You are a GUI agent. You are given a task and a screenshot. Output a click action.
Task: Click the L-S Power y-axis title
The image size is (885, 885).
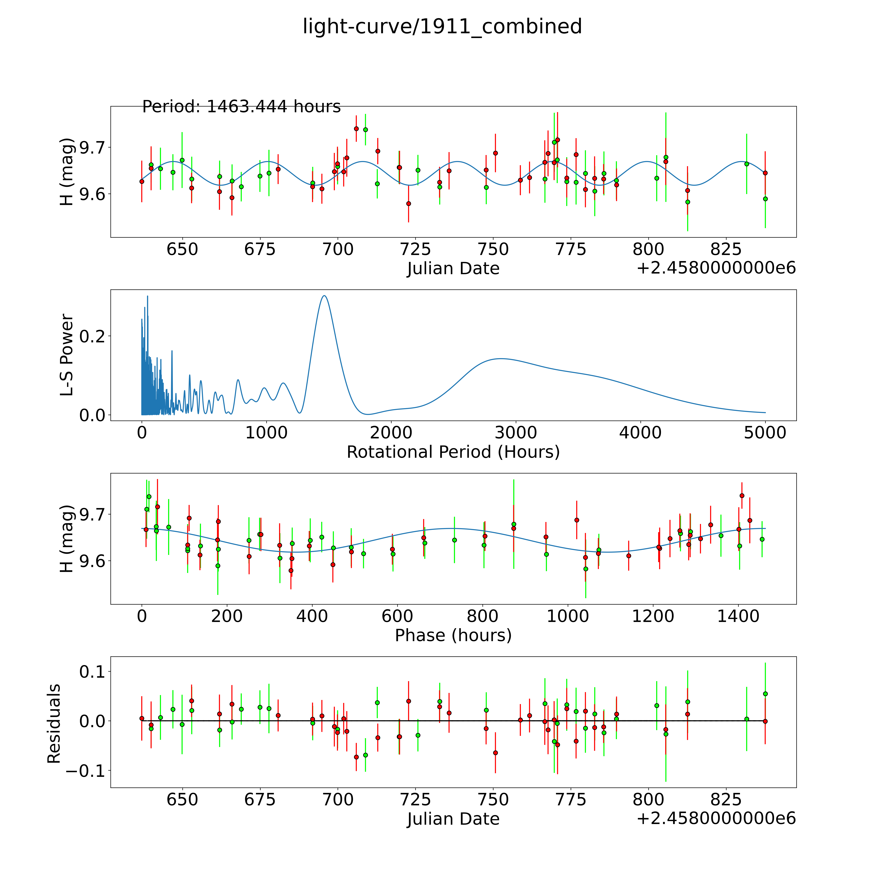coord(67,355)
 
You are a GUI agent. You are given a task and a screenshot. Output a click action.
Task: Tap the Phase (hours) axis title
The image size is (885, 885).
coord(453,635)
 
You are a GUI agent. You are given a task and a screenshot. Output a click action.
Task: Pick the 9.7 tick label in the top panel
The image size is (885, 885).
coord(93,147)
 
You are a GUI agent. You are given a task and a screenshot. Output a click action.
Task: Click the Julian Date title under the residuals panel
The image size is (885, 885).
coord(453,819)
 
